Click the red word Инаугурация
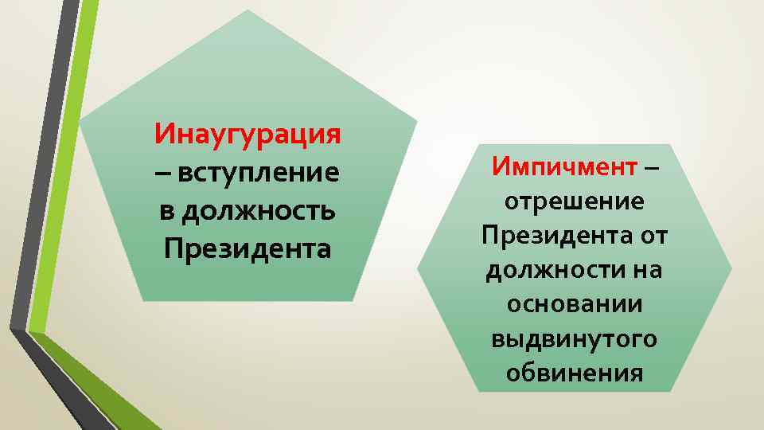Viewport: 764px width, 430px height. point(248,131)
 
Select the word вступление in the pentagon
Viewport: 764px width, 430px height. point(259,171)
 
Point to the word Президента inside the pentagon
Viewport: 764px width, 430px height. point(248,249)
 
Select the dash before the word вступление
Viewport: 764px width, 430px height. point(164,173)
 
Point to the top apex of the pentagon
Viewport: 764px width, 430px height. point(248,11)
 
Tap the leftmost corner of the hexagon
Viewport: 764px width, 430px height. point(418,268)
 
